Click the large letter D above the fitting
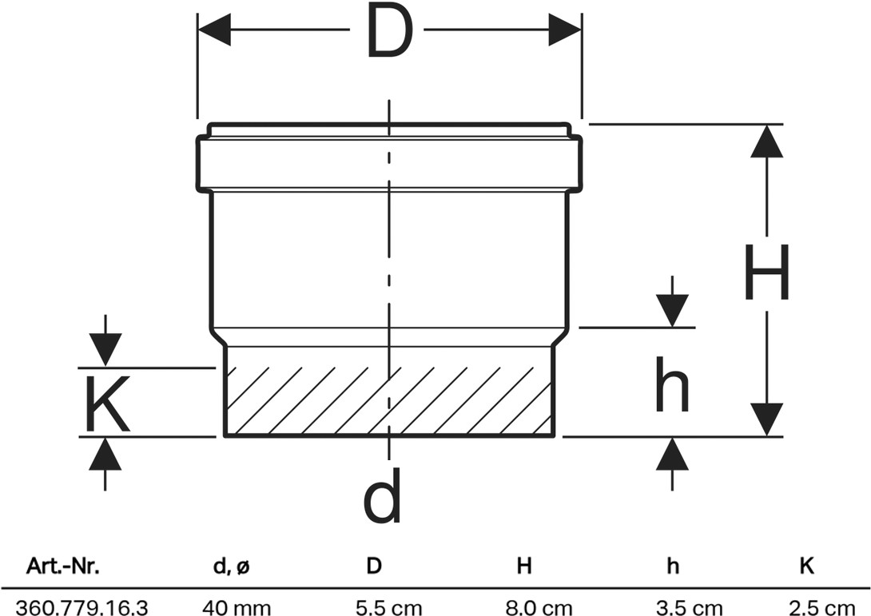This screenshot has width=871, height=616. click(x=390, y=31)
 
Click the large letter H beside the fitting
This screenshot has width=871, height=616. click(x=766, y=272)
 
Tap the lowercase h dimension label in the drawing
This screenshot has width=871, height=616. click(x=672, y=384)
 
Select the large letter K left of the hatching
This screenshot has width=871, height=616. click(x=108, y=403)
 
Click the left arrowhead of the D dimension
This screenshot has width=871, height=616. click(x=214, y=30)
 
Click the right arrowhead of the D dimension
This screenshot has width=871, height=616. click(x=564, y=30)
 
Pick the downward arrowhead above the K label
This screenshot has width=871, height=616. click(x=105, y=349)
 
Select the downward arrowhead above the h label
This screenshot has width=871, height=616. click(x=673, y=311)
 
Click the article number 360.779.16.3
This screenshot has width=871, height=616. click(x=82, y=608)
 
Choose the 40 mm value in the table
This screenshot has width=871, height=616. click(x=229, y=608)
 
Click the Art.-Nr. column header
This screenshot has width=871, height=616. click(x=63, y=566)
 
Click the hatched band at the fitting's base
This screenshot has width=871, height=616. click(x=389, y=401)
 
